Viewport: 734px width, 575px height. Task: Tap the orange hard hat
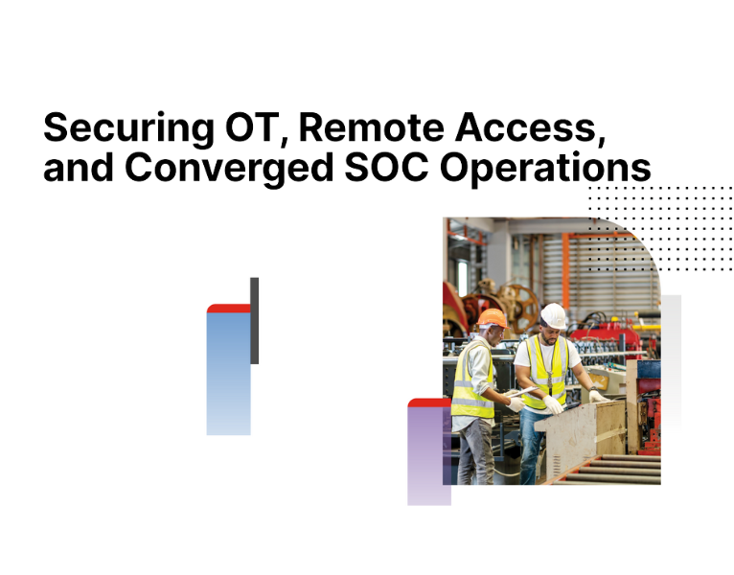[x=492, y=318]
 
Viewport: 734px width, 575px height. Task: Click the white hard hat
[x=553, y=313]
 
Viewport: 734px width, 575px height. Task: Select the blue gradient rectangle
[x=228, y=374]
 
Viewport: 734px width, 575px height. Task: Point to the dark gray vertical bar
[x=254, y=320]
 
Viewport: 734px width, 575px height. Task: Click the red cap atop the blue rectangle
[x=228, y=309]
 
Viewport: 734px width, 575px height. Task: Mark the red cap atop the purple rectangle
[x=427, y=402]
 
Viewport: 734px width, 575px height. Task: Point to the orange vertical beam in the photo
[x=566, y=259]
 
